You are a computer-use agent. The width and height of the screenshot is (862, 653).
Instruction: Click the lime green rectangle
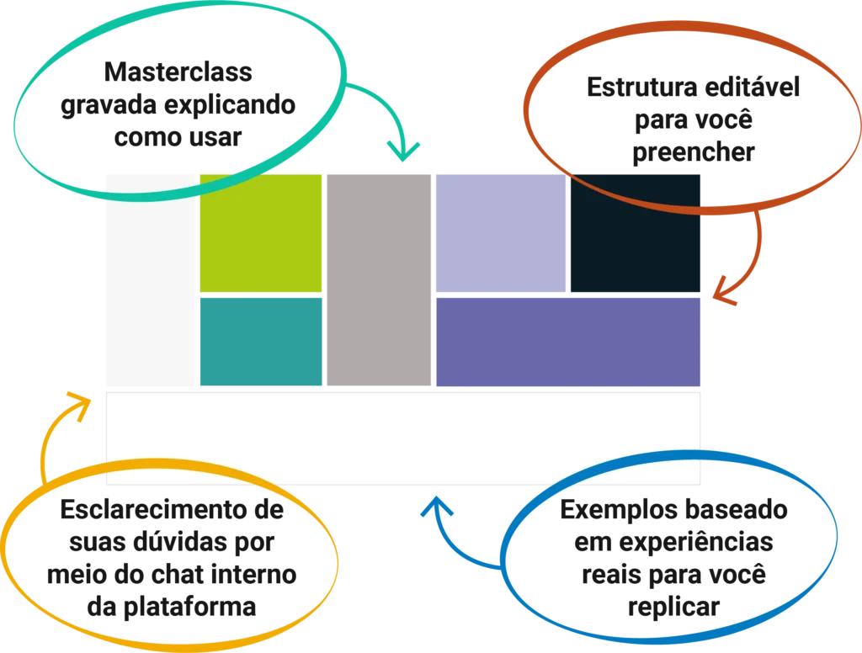(x=259, y=233)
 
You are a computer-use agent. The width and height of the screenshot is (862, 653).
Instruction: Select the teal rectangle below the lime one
(x=259, y=342)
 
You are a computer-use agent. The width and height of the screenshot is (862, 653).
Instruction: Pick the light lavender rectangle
(x=500, y=233)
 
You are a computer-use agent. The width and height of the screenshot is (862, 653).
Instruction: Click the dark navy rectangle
(x=637, y=233)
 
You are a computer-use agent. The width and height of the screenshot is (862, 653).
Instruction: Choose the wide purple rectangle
(x=569, y=342)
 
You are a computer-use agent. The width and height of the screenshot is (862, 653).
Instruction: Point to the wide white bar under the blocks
(x=404, y=438)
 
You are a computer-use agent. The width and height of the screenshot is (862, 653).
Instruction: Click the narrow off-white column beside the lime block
(x=148, y=278)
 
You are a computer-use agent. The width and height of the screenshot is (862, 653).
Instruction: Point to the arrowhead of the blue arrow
(x=436, y=507)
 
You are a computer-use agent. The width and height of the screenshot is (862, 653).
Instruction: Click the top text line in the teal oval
(x=179, y=75)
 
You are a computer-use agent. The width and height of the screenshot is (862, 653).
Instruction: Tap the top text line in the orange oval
(x=692, y=89)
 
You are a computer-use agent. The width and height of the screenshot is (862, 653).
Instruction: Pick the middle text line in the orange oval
(x=692, y=119)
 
